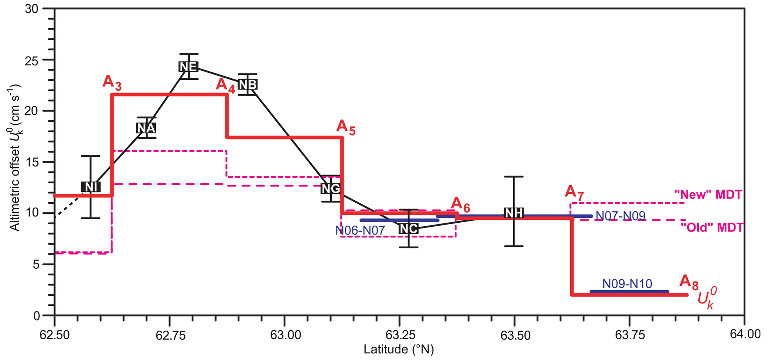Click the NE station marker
pyautogui.click(x=188, y=66)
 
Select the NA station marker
pyautogui.click(x=146, y=128)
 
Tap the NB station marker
pyautogui.click(x=248, y=85)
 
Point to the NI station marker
pyautogui.click(x=91, y=187)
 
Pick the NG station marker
pyautogui.click(x=331, y=189)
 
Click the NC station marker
pyautogui.click(x=408, y=229)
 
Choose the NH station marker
pyautogui.click(x=514, y=213)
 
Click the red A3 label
pyautogui.click(x=112, y=83)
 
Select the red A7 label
pyautogui.click(x=574, y=192)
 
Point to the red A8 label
pyautogui.click(x=688, y=282)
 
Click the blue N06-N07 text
pyautogui.click(x=360, y=230)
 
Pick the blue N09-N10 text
pyautogui.click(x=627, y=284)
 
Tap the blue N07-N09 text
pyautogui.click(x=620, y=216)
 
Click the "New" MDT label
pyautogui.click(x=708, y=194)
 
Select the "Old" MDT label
pyautogui.click(x=712, y=227)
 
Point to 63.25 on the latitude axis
pyautogui.click(x=399, y=335)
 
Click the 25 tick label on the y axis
pyautogui.click(x=36, y=60)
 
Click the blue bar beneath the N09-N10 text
pyautogui.click(x=629, y=292)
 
